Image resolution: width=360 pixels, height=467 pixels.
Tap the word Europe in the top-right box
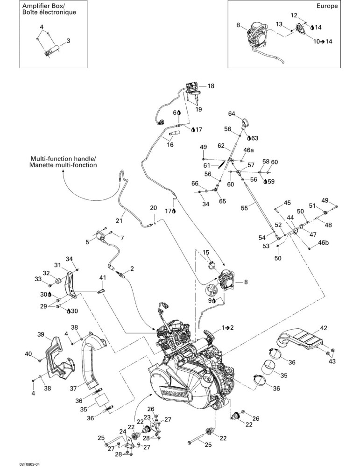pyautogui.click(x=327, y=6)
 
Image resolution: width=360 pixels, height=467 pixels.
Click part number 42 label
pyautogui.click(x=324, y=328)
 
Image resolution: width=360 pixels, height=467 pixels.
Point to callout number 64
pyautogui.click(x=232, y=113)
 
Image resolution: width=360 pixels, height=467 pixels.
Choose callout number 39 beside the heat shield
pyautogui.click(x=41, y=334)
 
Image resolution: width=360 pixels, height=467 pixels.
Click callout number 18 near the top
pyautogui.click(x=211, y=86)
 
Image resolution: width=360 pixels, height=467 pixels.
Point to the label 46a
pyautogui.click(x=248, y=150)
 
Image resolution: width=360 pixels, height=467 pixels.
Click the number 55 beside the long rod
pyautogui.click(x=245, y=208)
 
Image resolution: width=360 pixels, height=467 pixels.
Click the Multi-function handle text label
pyautogui.click(x=63, y=162)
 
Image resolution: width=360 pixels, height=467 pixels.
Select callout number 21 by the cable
pyautogui.click(x=119, y=221)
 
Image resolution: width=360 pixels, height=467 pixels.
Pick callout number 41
pyautogui.click(x=102, y=277)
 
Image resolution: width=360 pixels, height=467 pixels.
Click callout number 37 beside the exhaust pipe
pyautogui.click(x=73, y=389)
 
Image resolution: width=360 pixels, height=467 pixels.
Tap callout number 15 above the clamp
pyautogui.click(x=206, y=253)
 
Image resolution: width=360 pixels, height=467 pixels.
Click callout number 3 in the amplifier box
pyautogui.click(x=68, y=41)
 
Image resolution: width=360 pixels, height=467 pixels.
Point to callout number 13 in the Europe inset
pyautogui.click(x=279, y=24)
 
